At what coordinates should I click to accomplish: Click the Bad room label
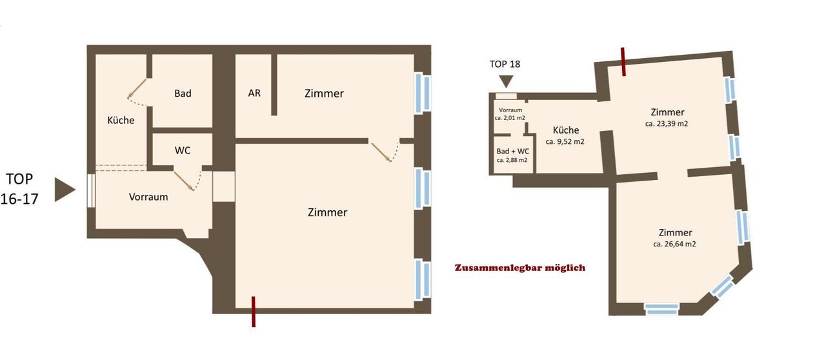click(x=183, y=94)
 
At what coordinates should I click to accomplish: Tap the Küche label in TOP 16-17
click(x=121, y=120)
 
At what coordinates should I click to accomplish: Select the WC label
click(x=183, y=150)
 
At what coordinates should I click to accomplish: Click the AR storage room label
click(x=254, y=93)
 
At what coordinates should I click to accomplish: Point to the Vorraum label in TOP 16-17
click(x=148, y=197)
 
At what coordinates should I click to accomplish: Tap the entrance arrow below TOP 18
click(x=506, y=81)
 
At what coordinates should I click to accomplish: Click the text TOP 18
click(x=505, y=64)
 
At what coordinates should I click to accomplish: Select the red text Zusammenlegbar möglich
click(x=520, y=267)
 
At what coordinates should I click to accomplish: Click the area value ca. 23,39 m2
click(x=667, y=124)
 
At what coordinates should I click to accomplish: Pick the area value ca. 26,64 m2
click(x=675, y=244)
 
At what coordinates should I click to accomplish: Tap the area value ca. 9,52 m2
click(x=565, y=142)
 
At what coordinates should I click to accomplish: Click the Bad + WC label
click(x=512, y=151)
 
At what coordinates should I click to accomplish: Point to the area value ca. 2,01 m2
click(x=510, y=118)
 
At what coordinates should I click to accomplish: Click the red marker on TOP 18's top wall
click(x=623, y=61)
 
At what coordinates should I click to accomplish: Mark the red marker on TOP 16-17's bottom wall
click(x=254, y=312)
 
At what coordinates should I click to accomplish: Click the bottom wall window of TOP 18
click(x=662, y=309)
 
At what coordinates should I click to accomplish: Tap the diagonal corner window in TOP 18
click(x=722, y=286)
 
